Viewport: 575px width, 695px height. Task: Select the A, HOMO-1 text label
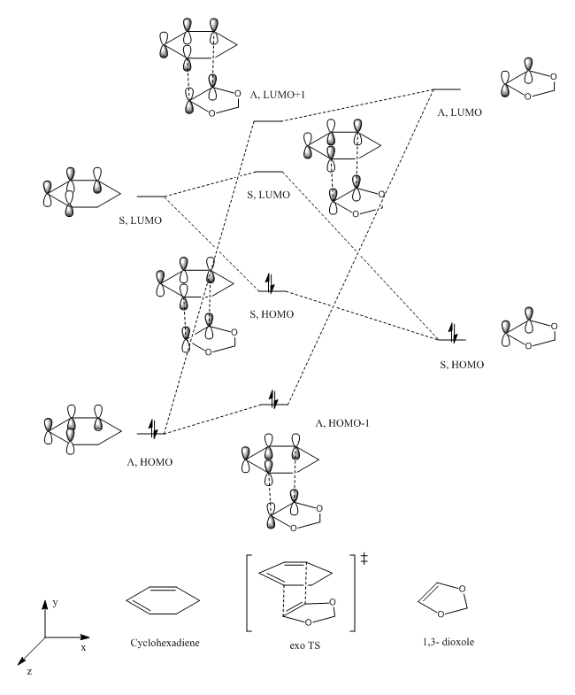(x=341, y=423)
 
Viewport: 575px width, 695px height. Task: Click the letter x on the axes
(x=83, y=648)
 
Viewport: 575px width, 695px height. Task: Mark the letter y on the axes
(x=55, y=603)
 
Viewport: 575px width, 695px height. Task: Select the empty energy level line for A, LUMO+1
(x=268, y=121)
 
